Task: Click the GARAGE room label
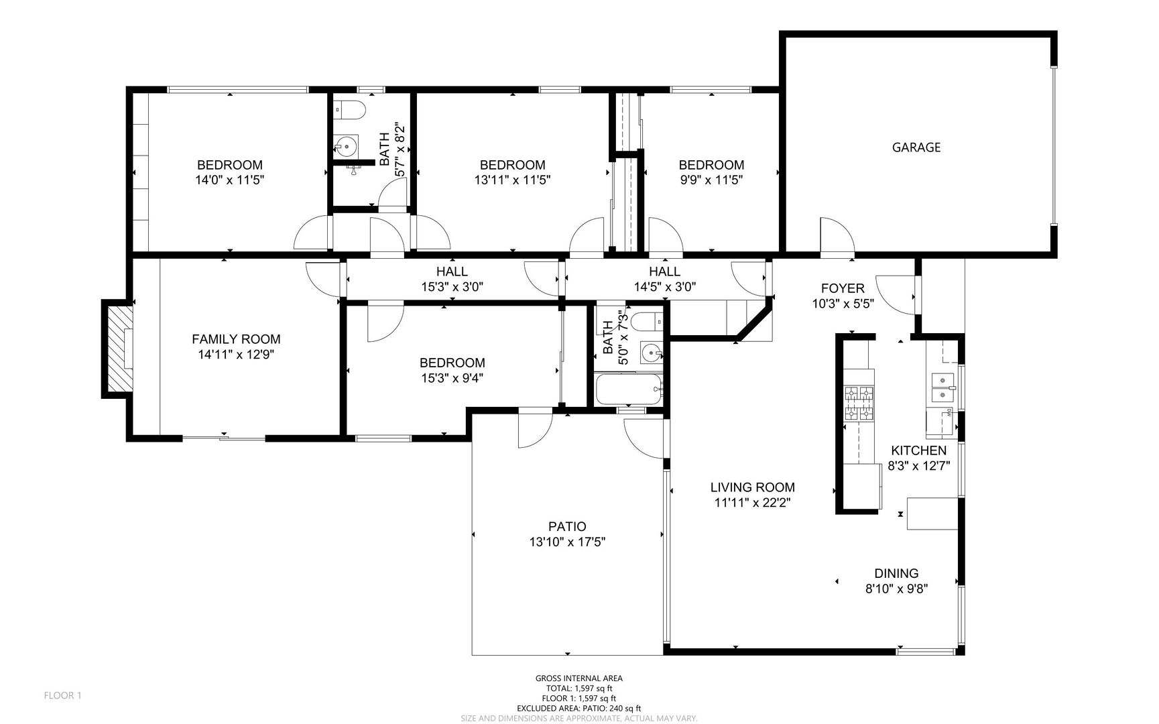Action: (916, 147)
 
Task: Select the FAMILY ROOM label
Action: (236, 339)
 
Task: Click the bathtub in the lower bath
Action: (629, 389)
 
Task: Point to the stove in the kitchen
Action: (859, 404)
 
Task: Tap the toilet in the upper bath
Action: (349, 108)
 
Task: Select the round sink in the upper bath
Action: (346, 145)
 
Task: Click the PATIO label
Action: (567, 527)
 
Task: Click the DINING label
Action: (896, 574)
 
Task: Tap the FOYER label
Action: (843, 288)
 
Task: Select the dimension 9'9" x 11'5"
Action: (711, 180)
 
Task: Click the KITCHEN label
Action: (918, 451)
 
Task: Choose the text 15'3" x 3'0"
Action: (452, 287)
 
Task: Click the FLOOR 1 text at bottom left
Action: (62, 696)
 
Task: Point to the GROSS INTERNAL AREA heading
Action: (578, 678)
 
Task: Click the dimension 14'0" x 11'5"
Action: (229, 180)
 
